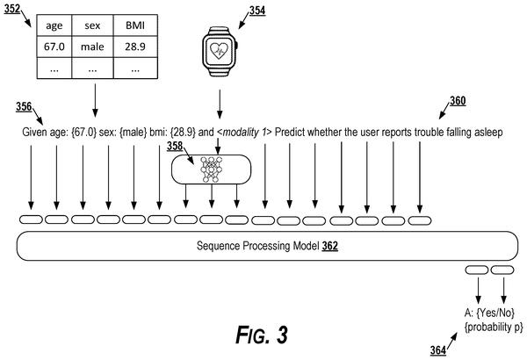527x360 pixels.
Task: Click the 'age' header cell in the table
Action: click(x=54, y=25)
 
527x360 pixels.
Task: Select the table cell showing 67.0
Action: click(x=54, y=47)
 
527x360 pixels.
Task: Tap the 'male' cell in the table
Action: click(x=92, y=47)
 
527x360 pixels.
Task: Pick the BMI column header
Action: click(x=135, y=25)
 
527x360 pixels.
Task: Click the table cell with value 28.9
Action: click(x=135, y=47)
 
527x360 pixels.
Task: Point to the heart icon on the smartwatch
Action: click(x=219, y=51)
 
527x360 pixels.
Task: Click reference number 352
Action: click(x=12, y=9)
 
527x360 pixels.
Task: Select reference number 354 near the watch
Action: click(x=257, y=11)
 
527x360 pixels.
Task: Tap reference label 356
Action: click(x=24, y=107)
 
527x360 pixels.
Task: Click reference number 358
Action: click(x=175, y=147)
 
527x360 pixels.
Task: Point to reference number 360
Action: click(x=458, y=101)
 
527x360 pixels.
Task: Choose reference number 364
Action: click(x=438, y=350)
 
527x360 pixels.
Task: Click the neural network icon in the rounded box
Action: click(x=211, y=169)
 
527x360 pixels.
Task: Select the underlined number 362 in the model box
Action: click(x=329, y=246)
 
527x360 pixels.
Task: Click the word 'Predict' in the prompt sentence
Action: click(x=290, y=132)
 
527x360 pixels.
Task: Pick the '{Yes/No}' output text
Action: click(x=495, y=313)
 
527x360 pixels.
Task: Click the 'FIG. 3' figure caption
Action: click(x=262, y=335)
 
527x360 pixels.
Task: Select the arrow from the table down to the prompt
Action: click(x=95, y=100)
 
